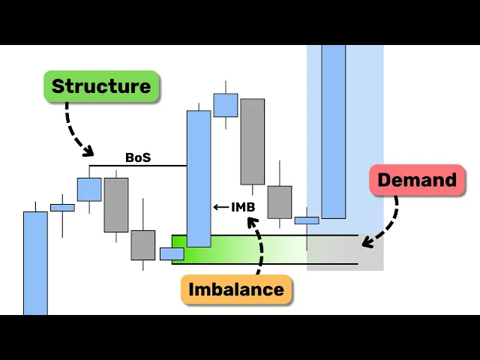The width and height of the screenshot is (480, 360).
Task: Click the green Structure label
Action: coord(101,86)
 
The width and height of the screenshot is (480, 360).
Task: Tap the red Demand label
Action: coord(417,180)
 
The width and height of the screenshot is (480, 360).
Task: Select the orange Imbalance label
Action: coord(236,289)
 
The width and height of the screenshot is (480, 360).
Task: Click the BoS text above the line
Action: coord(138,157)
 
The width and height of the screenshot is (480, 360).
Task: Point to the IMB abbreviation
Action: coord(243,206)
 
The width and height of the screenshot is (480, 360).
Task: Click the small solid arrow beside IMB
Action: coord(220,207)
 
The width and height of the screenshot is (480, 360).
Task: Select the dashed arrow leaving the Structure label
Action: coord(76,127)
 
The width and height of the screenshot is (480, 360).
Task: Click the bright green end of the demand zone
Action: coord(180,250)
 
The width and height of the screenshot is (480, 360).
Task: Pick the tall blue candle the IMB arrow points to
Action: coord(199,178)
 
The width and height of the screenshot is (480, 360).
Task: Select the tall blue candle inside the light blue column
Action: coord(334,131)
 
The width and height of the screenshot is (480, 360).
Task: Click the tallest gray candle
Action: coord(253,141)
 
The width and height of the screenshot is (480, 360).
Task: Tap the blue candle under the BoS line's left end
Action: coord(89,189)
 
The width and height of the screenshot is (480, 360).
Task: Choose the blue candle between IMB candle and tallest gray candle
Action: coord(226,105)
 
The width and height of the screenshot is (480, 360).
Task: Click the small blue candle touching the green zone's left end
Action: coord(172,253)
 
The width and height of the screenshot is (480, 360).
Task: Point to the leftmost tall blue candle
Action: coord(35,262)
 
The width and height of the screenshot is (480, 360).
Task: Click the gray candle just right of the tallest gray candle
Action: coord(280,202)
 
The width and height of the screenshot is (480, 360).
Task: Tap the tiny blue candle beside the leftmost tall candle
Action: coord(62,207)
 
